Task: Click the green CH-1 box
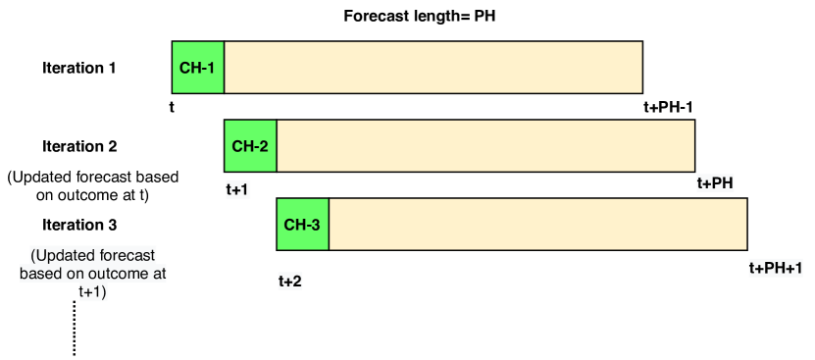[198, 69]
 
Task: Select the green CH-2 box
[250, 146]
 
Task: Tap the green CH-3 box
[302, 225]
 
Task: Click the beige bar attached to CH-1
[433, 69]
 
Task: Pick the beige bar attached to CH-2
[484, 146]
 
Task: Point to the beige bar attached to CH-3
[537, 225]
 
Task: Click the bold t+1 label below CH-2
[237, 190]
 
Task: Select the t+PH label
[715, 182]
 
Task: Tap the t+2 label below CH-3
[289, 282]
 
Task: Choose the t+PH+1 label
[776, 268]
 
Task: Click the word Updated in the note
[60, 255]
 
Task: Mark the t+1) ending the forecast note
[93, 292]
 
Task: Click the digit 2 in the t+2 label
[297, 282]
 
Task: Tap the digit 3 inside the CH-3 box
[316, 225]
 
